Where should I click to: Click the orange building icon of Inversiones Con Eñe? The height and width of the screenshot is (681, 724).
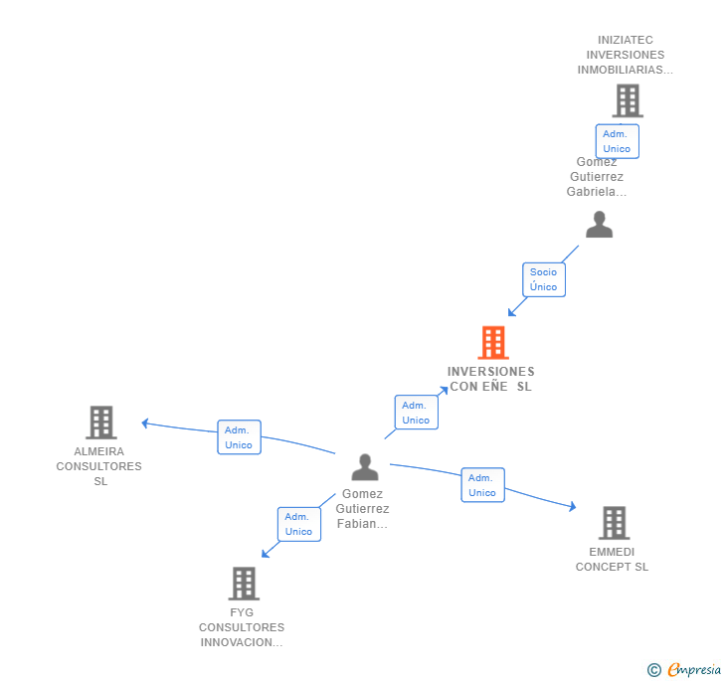tap(493, 343)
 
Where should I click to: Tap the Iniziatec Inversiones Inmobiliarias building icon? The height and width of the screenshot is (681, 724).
tap(627, 100)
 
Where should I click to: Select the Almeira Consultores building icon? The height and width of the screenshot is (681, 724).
tap(100, 423)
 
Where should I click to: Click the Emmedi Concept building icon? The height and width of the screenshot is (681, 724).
tap(614, 523)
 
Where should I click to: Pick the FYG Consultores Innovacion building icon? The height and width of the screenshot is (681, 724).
tap(244, 584)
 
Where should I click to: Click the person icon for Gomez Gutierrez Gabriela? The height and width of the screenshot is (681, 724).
tap(599, 225)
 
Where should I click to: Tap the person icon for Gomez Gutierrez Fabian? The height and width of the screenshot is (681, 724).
tap(365, 466)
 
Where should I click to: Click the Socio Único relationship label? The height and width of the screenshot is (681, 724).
tap(544, 279)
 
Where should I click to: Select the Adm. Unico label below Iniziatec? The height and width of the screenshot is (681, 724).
tap(617, 141)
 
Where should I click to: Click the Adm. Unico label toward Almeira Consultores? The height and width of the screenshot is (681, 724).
tap(239, 437)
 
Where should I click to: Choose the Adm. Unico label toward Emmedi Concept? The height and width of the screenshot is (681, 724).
tap(482, 485)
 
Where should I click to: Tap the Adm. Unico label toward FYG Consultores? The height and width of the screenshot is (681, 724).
tap(298, 524)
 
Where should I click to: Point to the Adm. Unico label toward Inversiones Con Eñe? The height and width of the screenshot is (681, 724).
tap(416, 413)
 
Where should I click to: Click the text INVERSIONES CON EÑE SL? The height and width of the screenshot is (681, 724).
tap(490, 379)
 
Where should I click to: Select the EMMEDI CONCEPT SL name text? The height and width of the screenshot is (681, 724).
tap(612, 559)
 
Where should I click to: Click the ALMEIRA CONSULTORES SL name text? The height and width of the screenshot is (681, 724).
tap(99, 466)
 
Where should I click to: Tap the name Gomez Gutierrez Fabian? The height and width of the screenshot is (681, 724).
tap(362, 509)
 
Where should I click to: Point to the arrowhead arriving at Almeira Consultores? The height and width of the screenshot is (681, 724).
tap(145, 423)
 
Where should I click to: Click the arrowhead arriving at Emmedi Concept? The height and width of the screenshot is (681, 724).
tap(572, 507)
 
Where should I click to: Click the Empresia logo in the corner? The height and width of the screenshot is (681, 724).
tap(684, 669)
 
